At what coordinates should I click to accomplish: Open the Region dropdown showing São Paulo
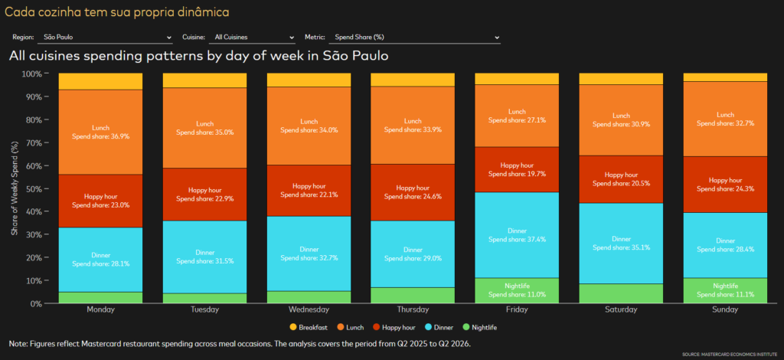104,38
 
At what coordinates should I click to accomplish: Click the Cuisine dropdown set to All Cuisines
253,38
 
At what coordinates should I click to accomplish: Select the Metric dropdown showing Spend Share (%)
415,38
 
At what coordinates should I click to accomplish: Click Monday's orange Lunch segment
100,132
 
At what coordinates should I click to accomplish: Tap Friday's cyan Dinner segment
517,235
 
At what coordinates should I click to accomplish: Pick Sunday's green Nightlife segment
725,290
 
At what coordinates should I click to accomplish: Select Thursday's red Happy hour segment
413,192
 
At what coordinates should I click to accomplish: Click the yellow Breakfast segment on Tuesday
204,80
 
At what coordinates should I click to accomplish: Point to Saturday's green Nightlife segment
621,293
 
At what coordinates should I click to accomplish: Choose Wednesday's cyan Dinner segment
309,254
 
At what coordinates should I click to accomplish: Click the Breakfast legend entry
309,328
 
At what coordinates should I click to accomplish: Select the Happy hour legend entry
394,328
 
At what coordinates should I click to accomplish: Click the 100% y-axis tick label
33,74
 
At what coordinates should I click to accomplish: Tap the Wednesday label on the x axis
309,309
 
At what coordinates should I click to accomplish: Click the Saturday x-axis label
621,309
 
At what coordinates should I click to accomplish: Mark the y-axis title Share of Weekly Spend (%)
15,188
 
